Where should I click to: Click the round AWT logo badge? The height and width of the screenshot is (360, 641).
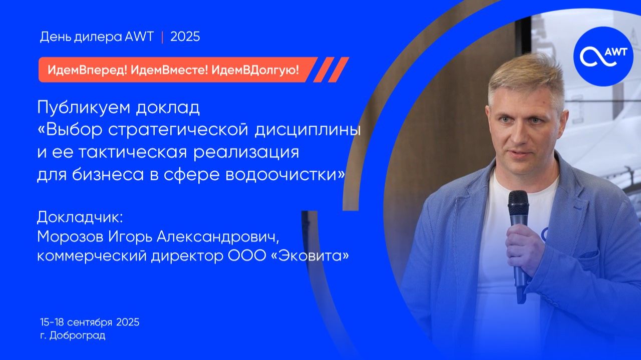coord(603,57)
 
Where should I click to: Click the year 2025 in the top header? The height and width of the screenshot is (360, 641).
coord(185,37)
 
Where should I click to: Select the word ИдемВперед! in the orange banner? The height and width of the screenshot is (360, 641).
coord(86,70)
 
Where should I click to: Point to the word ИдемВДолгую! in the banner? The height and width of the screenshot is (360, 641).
coord(255,70)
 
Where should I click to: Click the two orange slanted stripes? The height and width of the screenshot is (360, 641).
coord(331,70)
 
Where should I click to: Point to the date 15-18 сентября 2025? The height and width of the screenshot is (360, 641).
coord(90,322)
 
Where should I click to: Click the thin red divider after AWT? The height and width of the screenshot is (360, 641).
coord(162,37)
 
